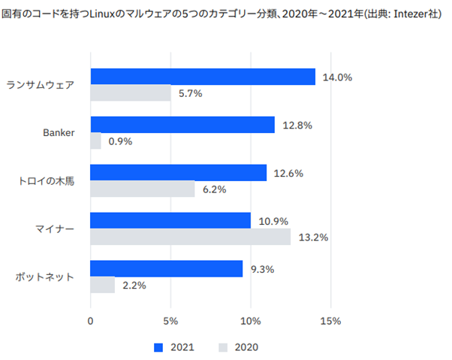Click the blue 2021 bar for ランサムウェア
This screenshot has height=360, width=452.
click(x=203, y=77)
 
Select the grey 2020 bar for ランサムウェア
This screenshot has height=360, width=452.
click(x=131, y=93)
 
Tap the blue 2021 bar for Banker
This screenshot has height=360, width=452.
click(x=182, y=125)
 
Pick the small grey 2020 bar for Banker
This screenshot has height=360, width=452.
click(x=95, y=141)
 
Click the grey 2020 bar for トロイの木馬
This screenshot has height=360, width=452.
click(x=143, y=189)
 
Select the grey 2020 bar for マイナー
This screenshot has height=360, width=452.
click(x=190, y=237)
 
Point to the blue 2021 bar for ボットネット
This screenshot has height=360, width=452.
click(x=167, y=268)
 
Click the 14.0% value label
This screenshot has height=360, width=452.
click(x=338, y=77)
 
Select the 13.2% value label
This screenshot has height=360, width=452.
click(x=313, y=237)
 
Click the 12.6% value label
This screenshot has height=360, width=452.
click(x=288, y=173)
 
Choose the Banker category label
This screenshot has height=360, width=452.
click(x=59, y=133)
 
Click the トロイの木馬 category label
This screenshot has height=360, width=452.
click(x=46, y=181)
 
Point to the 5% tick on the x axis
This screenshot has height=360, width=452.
click(x=170, y=321)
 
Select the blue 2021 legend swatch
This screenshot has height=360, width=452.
click(x=158, y=347)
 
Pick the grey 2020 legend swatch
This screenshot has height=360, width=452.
click(x=223, y=347)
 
